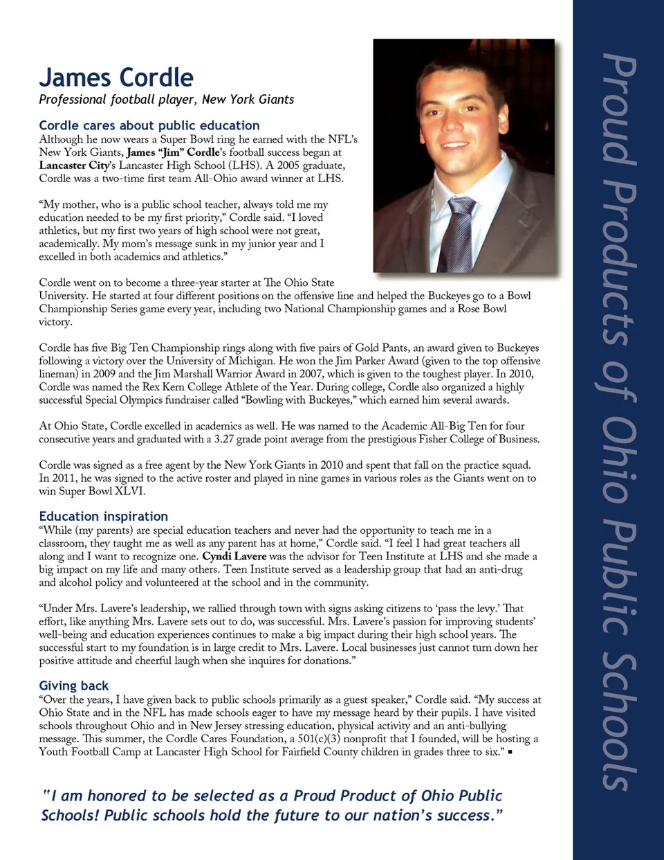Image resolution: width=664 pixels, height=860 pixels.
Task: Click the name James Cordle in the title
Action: pos(116,77)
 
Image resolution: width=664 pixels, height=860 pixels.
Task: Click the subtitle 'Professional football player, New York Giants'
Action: pos(166,99)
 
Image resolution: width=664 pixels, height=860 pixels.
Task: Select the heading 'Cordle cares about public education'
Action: pos(149,125)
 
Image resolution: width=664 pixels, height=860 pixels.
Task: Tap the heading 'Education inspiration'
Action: pos(103,516)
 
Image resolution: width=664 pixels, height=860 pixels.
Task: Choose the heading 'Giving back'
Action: pos(73,686)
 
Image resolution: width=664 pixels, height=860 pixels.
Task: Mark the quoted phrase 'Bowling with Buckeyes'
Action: pos(296,400)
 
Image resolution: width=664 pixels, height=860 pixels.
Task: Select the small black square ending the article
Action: pos(510,752)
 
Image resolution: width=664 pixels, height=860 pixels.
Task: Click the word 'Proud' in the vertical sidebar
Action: pos(618,111)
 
